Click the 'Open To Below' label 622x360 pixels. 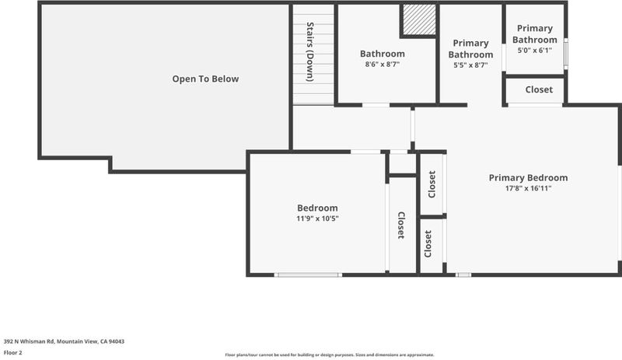coord(205,79)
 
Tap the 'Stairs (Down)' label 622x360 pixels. coord(310,52)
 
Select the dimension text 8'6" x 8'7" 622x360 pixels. coord(383,65)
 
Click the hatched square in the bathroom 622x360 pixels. coord(420,19)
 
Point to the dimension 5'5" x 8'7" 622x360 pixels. coord(471,65)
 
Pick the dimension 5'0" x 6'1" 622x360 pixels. coord(535,51)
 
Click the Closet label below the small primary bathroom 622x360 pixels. coord(539,89)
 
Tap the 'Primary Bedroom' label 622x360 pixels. coord(528,178)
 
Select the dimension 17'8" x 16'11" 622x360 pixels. coord(528,188)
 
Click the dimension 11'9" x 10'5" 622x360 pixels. coord(317,218)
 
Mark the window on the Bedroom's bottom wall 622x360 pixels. coord(308,274)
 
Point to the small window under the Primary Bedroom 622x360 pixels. coord(463,274)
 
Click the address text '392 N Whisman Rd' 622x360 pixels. coord(29,341)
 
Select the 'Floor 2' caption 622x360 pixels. coord(12,352)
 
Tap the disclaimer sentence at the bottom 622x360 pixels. coord(330,355)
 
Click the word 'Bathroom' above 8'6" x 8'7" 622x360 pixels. coord(383,54)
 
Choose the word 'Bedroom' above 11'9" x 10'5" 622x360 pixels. coord(317,208)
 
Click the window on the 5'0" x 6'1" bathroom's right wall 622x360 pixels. coord(566,53)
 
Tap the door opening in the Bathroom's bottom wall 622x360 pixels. coord(376,105)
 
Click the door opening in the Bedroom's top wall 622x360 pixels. coord(365,152)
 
